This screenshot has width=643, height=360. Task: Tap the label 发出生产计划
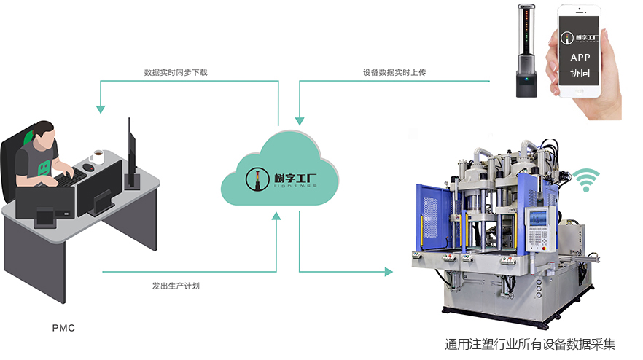176,286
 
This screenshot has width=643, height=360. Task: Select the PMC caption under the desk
63,329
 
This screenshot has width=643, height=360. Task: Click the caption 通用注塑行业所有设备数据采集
530,344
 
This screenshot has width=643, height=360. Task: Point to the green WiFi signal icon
585,179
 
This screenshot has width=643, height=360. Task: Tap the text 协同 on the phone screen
580,74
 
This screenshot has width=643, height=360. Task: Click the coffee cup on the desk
96,157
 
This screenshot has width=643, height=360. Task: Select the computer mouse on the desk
88,168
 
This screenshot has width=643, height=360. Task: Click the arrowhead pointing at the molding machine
389,272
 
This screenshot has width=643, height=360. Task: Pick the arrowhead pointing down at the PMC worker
100,109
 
